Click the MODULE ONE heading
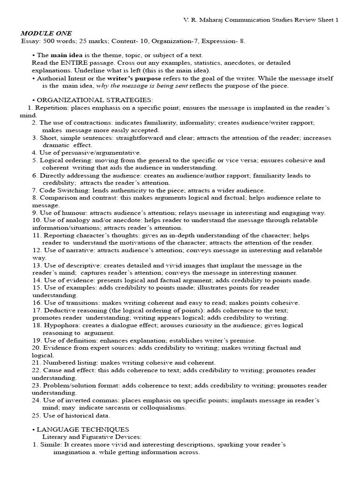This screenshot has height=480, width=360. (x=46, y=33)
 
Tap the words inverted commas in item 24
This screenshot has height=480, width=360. (x=88, y=400)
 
